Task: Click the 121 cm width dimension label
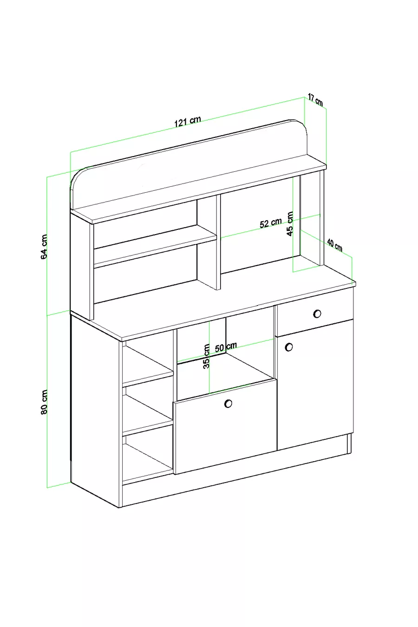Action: [188, 122]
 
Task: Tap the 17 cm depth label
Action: [316, 100]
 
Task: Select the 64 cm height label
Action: [45, 247]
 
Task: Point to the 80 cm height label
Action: [45, 402]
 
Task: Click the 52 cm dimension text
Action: [270, 223]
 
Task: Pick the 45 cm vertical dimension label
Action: [290, 224]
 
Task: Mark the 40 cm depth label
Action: [335, 244]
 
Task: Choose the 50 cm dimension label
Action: [226, 347]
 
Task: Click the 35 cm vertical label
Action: [207, 356]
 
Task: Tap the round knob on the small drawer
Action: [317, 313]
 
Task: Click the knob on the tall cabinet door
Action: [289, 346]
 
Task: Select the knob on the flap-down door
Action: [228, 404]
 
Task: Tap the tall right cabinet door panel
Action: [315, 390]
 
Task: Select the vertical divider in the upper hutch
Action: [208, 242]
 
